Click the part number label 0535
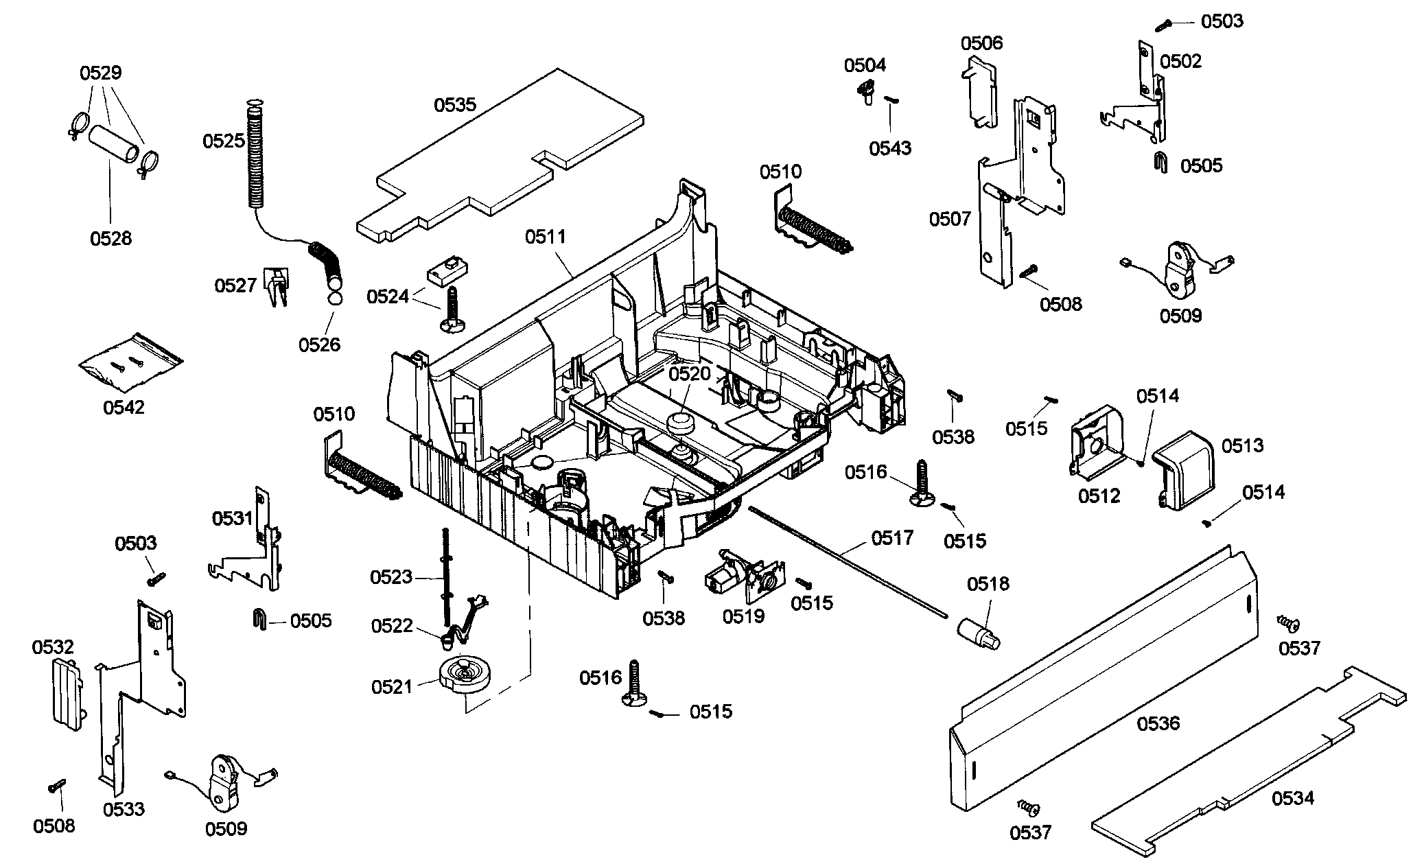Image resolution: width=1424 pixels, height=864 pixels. coord(454,105)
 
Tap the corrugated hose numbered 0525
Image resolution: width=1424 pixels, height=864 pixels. coord(254,154)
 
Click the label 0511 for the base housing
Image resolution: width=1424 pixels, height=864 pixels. coord(546,237)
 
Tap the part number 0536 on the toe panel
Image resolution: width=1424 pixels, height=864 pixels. coord(1158,723)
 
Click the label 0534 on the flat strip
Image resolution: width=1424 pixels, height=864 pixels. coord(1292,798)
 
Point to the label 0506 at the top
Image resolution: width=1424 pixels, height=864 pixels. coord(981,43)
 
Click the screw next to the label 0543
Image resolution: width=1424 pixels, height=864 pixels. coord(891,100)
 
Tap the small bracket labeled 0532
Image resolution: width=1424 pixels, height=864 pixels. coord(67,693)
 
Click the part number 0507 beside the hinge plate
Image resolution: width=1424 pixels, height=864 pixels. coord(950,219)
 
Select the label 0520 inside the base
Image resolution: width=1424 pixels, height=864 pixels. coord(690,374)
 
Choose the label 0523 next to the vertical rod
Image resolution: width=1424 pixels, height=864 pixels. coord(391,577)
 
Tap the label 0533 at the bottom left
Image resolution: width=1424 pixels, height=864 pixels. coord(124,809)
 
